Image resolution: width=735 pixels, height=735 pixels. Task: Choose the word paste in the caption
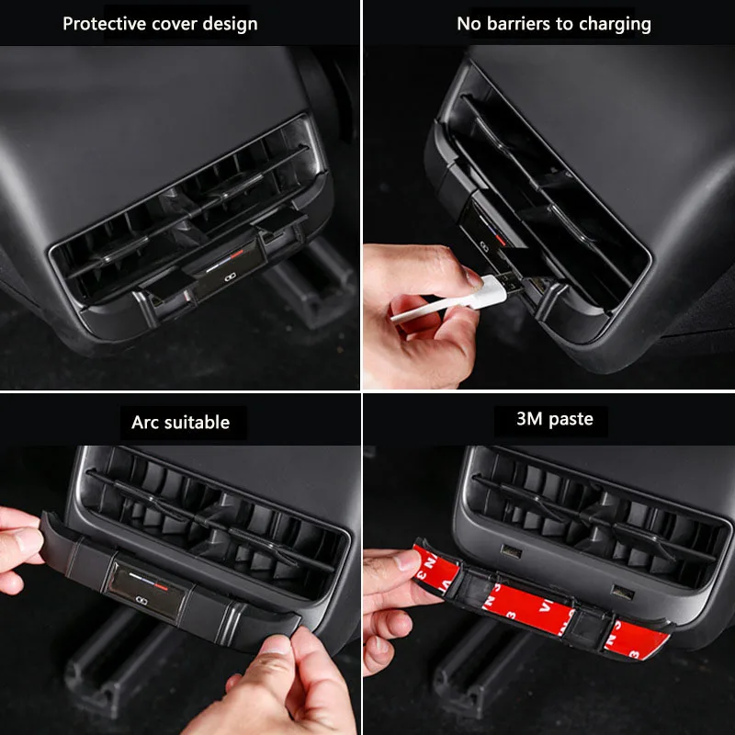tap(571, 420)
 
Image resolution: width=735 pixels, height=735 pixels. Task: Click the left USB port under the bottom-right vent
tap(512, 550)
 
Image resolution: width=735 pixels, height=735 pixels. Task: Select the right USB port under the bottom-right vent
tap(623, 593)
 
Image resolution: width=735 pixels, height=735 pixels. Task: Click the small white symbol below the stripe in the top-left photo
tap(229, 278)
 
